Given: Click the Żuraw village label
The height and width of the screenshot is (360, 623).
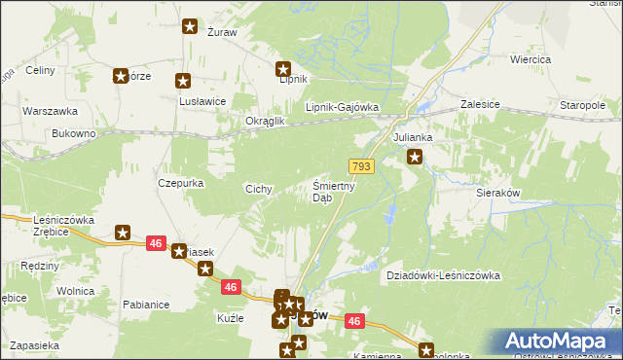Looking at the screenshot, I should tap(222, 32).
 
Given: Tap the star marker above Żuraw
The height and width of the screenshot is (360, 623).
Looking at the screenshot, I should tap(190, 27).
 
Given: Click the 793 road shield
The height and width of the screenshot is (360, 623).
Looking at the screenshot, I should tap(362, 167).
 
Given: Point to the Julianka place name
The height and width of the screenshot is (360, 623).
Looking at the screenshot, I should tap(412, 138).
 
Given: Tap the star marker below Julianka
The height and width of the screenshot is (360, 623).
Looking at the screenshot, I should tap(416, 157).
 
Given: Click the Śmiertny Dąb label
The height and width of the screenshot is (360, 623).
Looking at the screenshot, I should tap(333, 192).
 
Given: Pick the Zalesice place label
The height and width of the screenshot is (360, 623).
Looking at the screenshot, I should tap(479, 104).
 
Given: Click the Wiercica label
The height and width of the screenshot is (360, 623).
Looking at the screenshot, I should tap(531, 59).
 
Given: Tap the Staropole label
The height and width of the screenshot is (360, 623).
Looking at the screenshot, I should tap(583, 104).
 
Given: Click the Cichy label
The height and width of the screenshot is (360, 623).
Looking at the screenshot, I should tap(258, 189).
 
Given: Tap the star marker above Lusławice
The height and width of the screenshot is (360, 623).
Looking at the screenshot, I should tap(182, 82).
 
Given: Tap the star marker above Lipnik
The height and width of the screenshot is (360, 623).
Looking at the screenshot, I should tap(283, 69).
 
